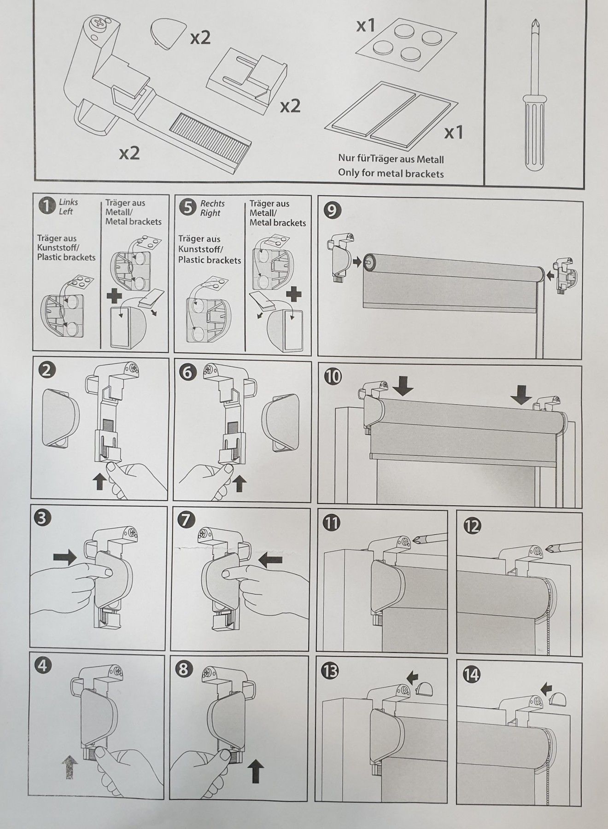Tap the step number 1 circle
47,206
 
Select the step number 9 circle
333,210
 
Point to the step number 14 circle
472,675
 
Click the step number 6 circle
187,372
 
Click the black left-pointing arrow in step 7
270,560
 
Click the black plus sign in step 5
293,293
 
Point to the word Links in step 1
68,202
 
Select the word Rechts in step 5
212,203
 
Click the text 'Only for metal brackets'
391,174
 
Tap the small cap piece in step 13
426,689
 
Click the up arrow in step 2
99,482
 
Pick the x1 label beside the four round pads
366,26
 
